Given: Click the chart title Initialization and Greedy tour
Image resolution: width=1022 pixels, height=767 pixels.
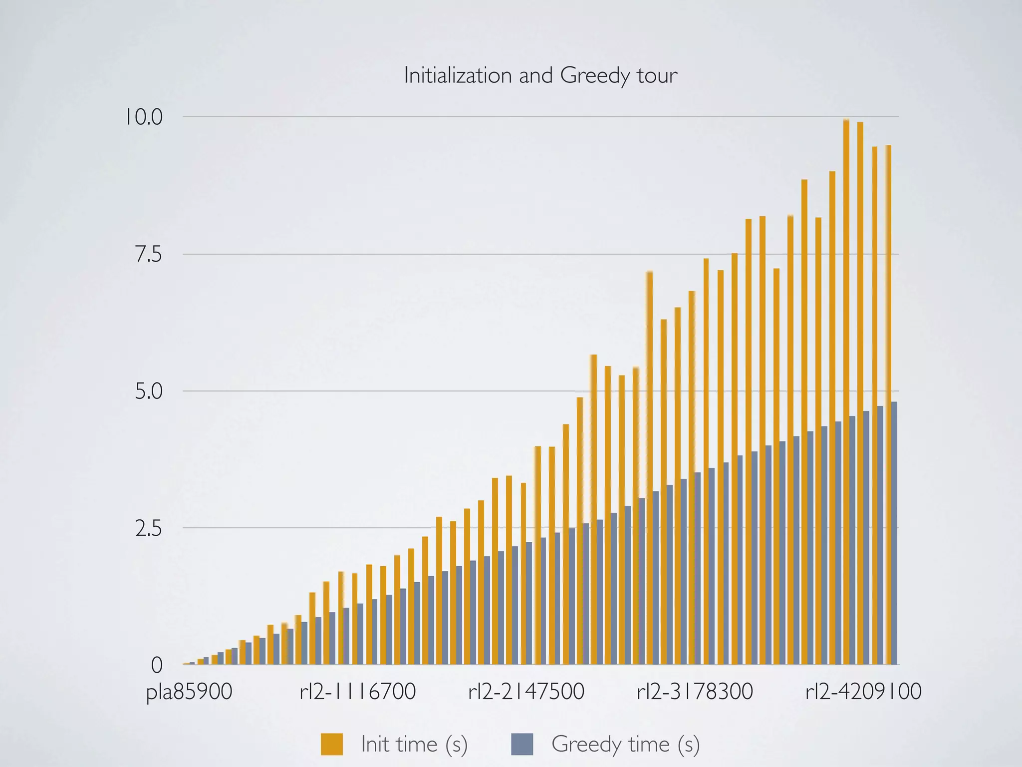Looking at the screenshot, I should point(540,76).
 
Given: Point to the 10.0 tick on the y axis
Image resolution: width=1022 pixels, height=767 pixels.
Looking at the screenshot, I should point(144,117).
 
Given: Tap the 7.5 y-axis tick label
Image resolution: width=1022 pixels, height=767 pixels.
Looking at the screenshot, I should point(149,255).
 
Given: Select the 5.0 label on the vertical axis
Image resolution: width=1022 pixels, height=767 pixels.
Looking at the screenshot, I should point(149,391).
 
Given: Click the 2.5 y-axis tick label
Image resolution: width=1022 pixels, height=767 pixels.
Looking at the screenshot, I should point(149,529).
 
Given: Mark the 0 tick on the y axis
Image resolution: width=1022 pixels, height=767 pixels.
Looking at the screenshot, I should point(157,665).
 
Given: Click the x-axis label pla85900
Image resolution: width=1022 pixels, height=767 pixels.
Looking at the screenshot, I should point(189,692).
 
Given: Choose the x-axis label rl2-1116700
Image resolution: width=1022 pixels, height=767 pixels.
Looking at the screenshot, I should point(358,692).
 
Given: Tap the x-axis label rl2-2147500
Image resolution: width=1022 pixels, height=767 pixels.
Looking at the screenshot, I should point(526,692).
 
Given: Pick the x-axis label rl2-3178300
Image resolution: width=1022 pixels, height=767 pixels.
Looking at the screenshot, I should point(695,692).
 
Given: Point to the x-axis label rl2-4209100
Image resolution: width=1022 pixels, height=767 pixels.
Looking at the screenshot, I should point(863,692).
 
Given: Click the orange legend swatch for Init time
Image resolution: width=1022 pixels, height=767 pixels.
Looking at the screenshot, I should point(332,744).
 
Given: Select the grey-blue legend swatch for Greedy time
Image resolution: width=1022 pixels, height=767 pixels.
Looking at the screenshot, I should point(522,744).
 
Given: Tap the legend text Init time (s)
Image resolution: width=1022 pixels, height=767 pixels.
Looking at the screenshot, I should point(414,744).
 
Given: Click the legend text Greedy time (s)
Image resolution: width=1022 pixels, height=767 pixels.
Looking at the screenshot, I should point(625,744).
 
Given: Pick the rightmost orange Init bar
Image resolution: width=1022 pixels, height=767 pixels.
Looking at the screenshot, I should point(888,404).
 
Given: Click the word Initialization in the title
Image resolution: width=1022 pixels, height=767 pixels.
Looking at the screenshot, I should point(458,76).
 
